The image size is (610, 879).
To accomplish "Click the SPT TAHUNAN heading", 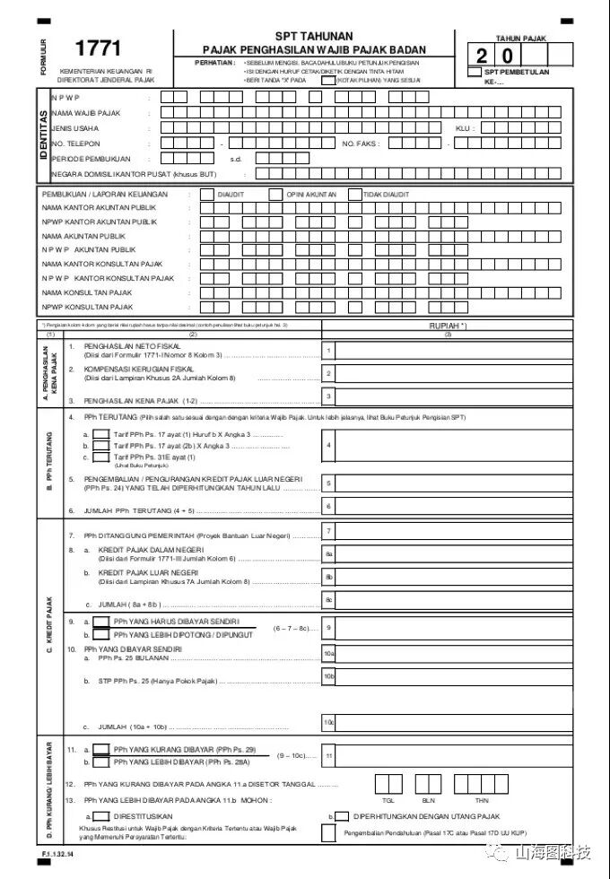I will pos(314,36).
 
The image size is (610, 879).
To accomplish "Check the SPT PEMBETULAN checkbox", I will pos(474,73).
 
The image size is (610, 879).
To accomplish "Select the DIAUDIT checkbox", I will pos(207,194).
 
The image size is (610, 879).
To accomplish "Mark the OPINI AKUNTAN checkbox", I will pos(279,194).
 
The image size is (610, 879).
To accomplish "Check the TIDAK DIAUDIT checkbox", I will pos(355,194).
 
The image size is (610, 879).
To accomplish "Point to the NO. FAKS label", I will pos(361,144).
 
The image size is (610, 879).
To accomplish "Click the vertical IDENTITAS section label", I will pos(43,135).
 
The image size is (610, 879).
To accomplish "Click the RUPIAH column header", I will pos(448,326).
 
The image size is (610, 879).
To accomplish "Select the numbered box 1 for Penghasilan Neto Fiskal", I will pos(329,351).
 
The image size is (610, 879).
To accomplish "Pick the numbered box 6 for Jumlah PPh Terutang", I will pos(329,507).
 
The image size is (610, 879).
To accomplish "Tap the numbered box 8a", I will pos(329,554).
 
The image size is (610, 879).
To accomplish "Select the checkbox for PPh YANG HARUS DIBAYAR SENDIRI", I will pos(101,621).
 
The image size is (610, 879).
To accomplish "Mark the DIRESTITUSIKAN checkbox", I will pos(101,816).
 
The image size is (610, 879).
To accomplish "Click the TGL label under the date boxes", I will pos(388,799).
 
